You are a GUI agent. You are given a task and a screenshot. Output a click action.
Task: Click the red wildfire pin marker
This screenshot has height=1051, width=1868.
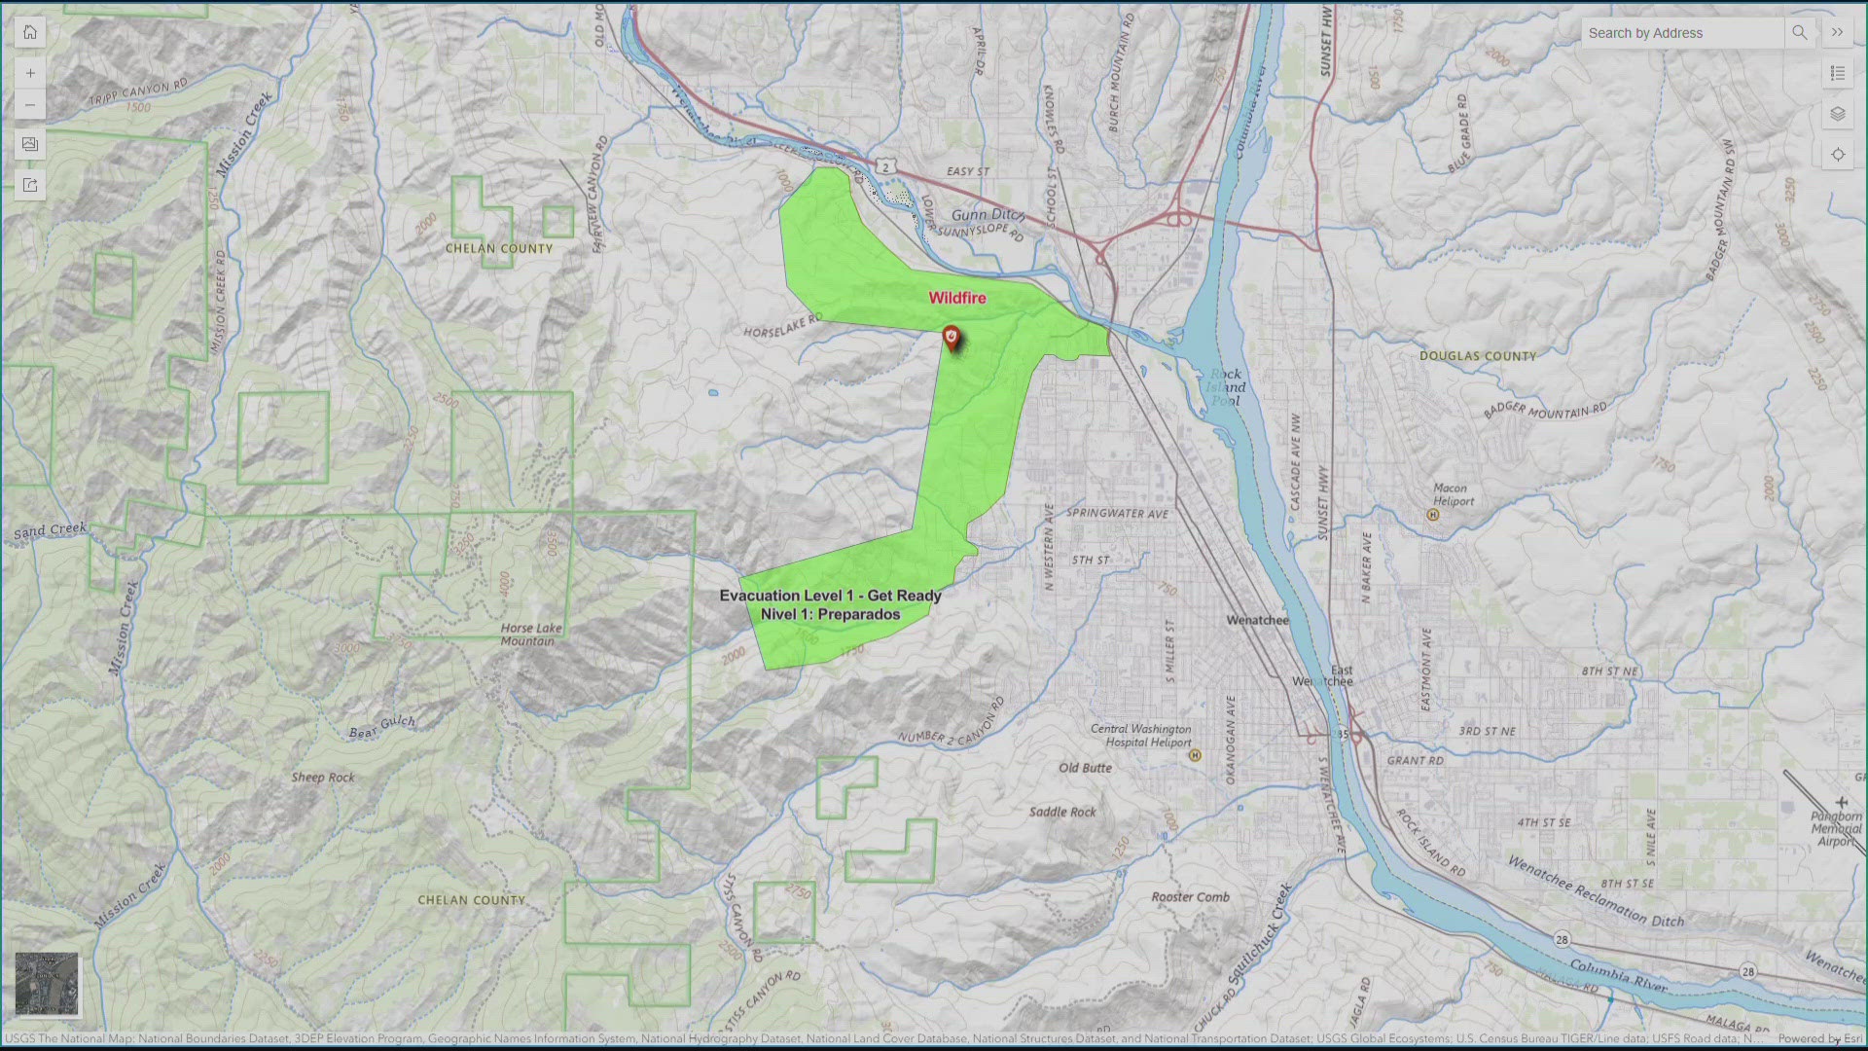click(x=952, y=338)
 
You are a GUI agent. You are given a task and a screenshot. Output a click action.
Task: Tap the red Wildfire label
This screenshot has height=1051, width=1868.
click(x=957, y=298)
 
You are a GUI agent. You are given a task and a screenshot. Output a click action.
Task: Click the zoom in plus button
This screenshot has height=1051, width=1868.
click(x=30, y=73)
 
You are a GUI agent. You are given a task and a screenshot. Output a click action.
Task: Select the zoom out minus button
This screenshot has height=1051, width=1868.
click(x=30, y=105)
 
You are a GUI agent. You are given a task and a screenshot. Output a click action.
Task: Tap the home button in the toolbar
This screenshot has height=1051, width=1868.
click(x=30, y=32)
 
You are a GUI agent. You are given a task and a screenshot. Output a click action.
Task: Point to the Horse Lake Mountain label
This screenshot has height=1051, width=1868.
click(x=530, y=634)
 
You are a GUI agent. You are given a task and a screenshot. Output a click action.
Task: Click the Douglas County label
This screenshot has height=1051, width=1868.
click(x=1477, y=356)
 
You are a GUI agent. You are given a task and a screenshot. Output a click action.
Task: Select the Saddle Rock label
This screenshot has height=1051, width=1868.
click(x=1062, y=812)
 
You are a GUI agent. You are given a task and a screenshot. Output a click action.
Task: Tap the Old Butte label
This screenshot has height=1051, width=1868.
click(x=1085, y=768)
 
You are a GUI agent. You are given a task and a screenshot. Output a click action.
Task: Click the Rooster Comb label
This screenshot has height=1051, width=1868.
click(x=1190, y=897)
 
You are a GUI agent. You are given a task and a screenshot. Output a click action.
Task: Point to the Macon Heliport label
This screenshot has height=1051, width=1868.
click(x=1453, y=494)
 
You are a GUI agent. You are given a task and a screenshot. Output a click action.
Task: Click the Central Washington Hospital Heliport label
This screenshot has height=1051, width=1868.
click(x=1140, y=735)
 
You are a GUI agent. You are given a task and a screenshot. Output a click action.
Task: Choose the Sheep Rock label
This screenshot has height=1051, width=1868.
click(x=323, y=778)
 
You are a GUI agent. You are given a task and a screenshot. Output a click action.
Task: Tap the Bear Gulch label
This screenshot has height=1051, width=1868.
click(x=381, y=727)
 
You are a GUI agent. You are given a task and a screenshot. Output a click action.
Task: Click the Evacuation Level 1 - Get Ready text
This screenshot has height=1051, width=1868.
click(x=830, y=596)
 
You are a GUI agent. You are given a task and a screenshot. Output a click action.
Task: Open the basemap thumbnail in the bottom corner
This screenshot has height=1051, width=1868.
click(x=47, y=984)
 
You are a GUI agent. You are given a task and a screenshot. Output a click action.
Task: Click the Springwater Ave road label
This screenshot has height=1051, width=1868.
click(x=1117, y=513)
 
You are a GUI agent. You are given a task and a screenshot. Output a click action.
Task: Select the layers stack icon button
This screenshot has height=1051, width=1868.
click(x=1837, y=114)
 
